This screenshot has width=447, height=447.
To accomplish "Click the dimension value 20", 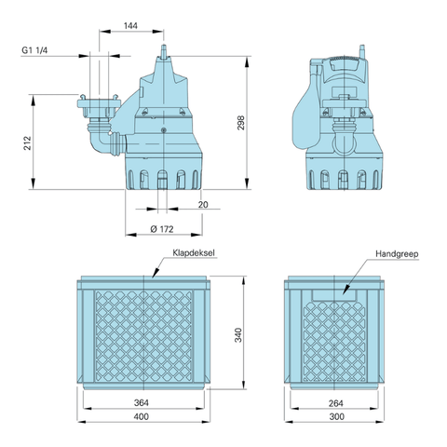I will [x=203, y=204].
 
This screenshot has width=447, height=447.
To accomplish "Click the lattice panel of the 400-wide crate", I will [x=149, y=335].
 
